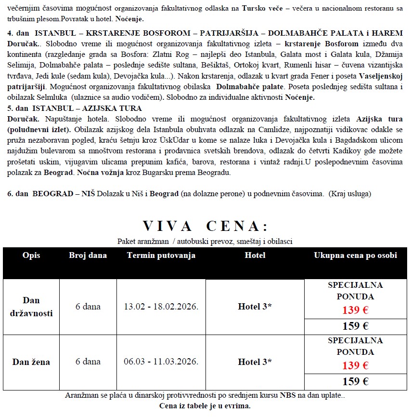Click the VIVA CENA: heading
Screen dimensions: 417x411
pyautogui.click(x=205, y=226)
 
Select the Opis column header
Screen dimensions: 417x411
pyautogui.click(x=31, y=256)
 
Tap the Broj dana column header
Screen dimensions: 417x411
pyautogui.click(x=88, y=256)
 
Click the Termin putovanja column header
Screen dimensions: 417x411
pyautogui.click(x=161, y=256)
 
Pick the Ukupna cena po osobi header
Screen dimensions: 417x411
pyautogui.click(x=356, y=256)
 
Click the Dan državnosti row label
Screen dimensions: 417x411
pyautogui.click(x=31, y=307)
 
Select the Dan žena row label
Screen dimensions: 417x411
pyautogui.click(x=31, y=362)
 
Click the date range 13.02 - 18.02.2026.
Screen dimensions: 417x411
pyautogui.click(x=161, y=307)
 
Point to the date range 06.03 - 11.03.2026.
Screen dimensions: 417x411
pyautogui.click(x=161, y=362)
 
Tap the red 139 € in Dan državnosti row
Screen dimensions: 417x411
pyautogui.click(x=355, y=310)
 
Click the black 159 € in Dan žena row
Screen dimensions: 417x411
pyautogui.click(x=355, y=382)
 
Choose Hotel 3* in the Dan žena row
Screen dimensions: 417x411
pyautogui.click(x=255, y=362)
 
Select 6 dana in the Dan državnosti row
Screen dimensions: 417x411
pyautogui.click(x=88, y=307)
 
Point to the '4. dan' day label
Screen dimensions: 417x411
pyautogui.click(x=18, y=33)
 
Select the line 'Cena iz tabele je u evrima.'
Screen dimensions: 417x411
pyautogui.click(x=205, y=405)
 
